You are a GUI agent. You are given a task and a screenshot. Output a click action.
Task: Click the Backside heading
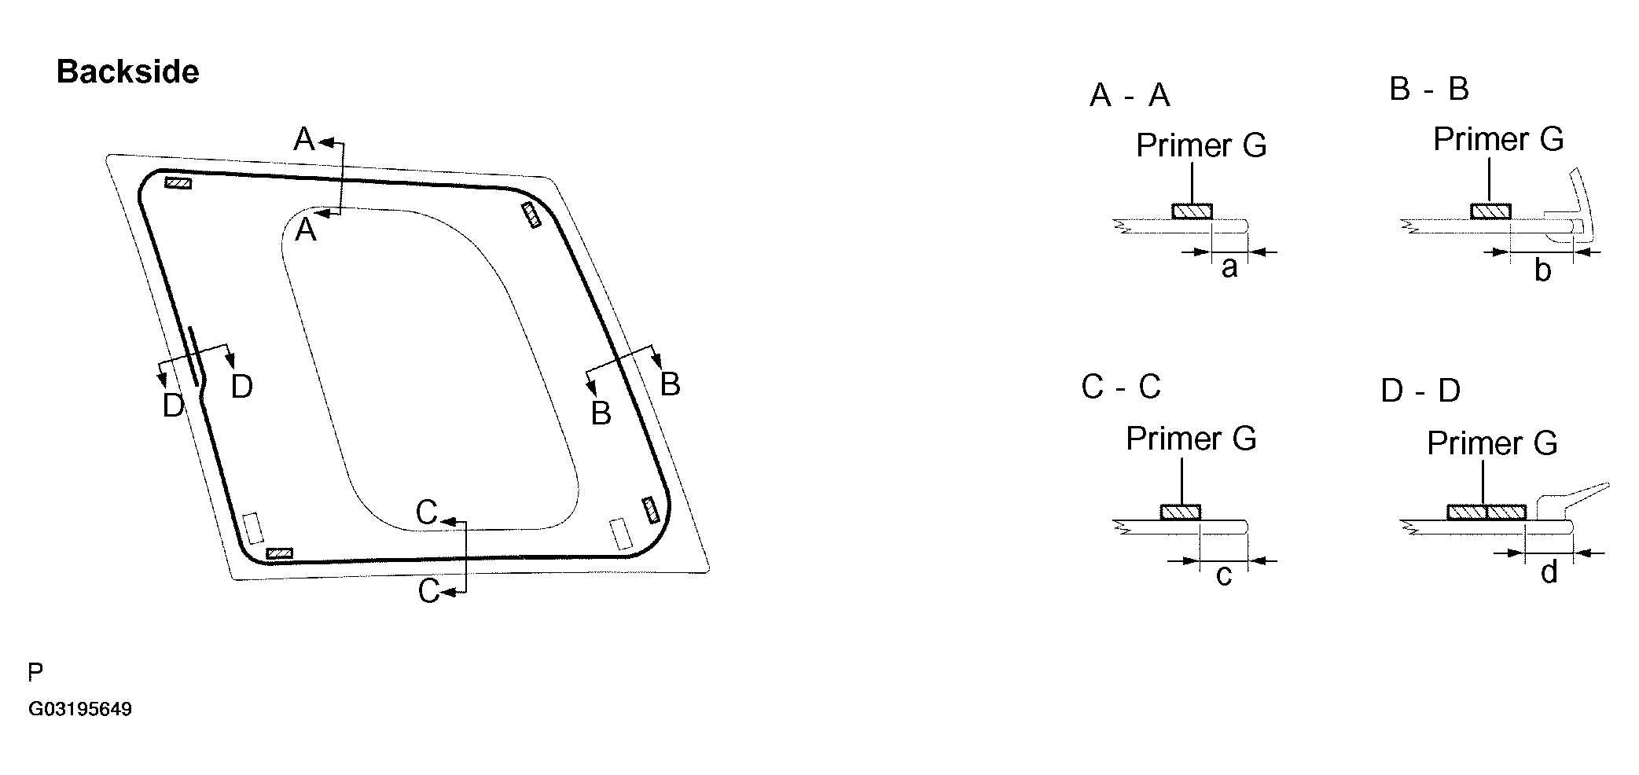pos(127,72)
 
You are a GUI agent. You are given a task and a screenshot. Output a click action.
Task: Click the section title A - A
pos(1130,96)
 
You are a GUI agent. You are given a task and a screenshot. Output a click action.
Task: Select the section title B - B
pos(1428,89)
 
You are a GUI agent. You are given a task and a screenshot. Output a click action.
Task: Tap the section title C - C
pos(1120,387)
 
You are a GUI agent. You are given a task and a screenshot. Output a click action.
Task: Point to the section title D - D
pos(1420,391)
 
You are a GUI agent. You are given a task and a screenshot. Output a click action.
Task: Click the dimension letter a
pos(1229,268)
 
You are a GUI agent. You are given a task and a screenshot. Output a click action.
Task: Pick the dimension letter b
pos(1542,270)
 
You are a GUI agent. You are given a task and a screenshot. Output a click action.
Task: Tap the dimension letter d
pos(1549,572)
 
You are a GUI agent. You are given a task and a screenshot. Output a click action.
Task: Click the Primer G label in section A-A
pos(1201,146)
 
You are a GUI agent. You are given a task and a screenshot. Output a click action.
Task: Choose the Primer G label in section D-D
pos(1491,443)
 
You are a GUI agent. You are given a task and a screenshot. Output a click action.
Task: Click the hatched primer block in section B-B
pos(1490,211)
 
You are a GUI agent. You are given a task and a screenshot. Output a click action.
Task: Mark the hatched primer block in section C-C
pos(1181,512)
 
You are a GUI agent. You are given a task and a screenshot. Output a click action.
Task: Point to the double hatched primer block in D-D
pos(1486,512)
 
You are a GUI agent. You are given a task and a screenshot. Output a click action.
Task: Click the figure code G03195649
pos(80,710)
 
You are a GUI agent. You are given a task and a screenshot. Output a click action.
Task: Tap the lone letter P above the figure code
pos(35,673)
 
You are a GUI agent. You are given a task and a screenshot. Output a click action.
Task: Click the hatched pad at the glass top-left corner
pos(178,183)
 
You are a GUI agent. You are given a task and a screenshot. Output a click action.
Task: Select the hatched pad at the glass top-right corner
pos(532,215)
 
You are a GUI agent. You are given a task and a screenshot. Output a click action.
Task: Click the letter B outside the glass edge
pos(670,384)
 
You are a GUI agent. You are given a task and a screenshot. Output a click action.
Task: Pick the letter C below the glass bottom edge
pos(428,591)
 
